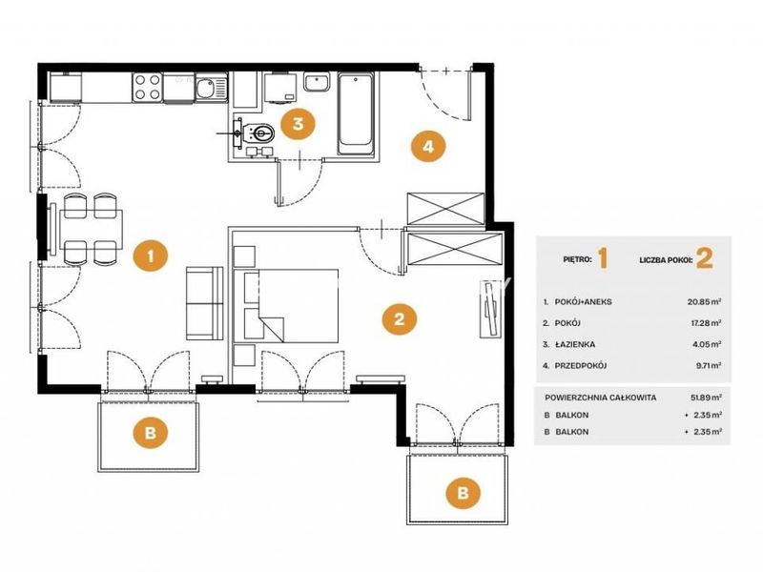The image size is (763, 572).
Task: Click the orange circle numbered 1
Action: point(151,255)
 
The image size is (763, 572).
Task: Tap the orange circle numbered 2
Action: point(399,319)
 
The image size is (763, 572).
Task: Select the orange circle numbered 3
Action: point(298,124)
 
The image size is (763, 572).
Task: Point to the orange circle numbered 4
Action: point(428,146)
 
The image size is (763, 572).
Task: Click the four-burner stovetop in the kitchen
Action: point(147,88)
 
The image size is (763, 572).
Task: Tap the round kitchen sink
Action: point(204,88)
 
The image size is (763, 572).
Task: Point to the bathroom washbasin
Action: point(317,82)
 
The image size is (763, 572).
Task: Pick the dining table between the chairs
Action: point(91,230)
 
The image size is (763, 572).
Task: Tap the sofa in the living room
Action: point(204,303)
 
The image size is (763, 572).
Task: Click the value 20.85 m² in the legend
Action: point(704,301)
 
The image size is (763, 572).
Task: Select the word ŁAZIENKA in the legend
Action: point(575,344)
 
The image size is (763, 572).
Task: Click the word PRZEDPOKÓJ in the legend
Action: point(581,366)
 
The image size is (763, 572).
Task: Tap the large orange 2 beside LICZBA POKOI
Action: point(705,258)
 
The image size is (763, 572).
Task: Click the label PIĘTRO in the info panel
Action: point(578,259)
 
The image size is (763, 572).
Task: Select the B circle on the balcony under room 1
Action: point(151,433)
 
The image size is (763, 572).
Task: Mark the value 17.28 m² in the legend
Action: point(705,323)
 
